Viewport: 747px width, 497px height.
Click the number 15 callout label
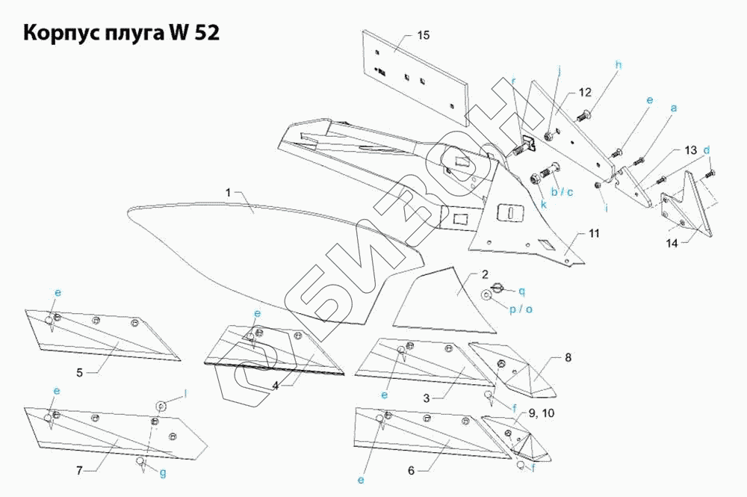423,35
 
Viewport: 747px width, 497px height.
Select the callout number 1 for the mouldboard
228,193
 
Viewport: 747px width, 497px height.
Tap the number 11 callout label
594,233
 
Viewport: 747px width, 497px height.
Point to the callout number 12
585,92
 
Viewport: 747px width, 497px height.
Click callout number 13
691,150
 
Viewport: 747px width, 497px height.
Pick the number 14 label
672,244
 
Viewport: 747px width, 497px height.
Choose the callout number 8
568,357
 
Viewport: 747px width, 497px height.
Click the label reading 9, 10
541,413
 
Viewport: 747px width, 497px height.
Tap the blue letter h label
619,65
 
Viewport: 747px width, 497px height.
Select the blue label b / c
562,192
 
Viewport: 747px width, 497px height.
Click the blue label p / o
521,309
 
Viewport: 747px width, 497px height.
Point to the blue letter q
521,291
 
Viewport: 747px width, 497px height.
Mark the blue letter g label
163,473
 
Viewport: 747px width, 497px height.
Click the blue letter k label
544,205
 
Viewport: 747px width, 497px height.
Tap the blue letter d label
707,150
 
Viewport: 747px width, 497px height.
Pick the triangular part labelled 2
444,300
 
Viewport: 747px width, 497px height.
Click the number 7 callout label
79,471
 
